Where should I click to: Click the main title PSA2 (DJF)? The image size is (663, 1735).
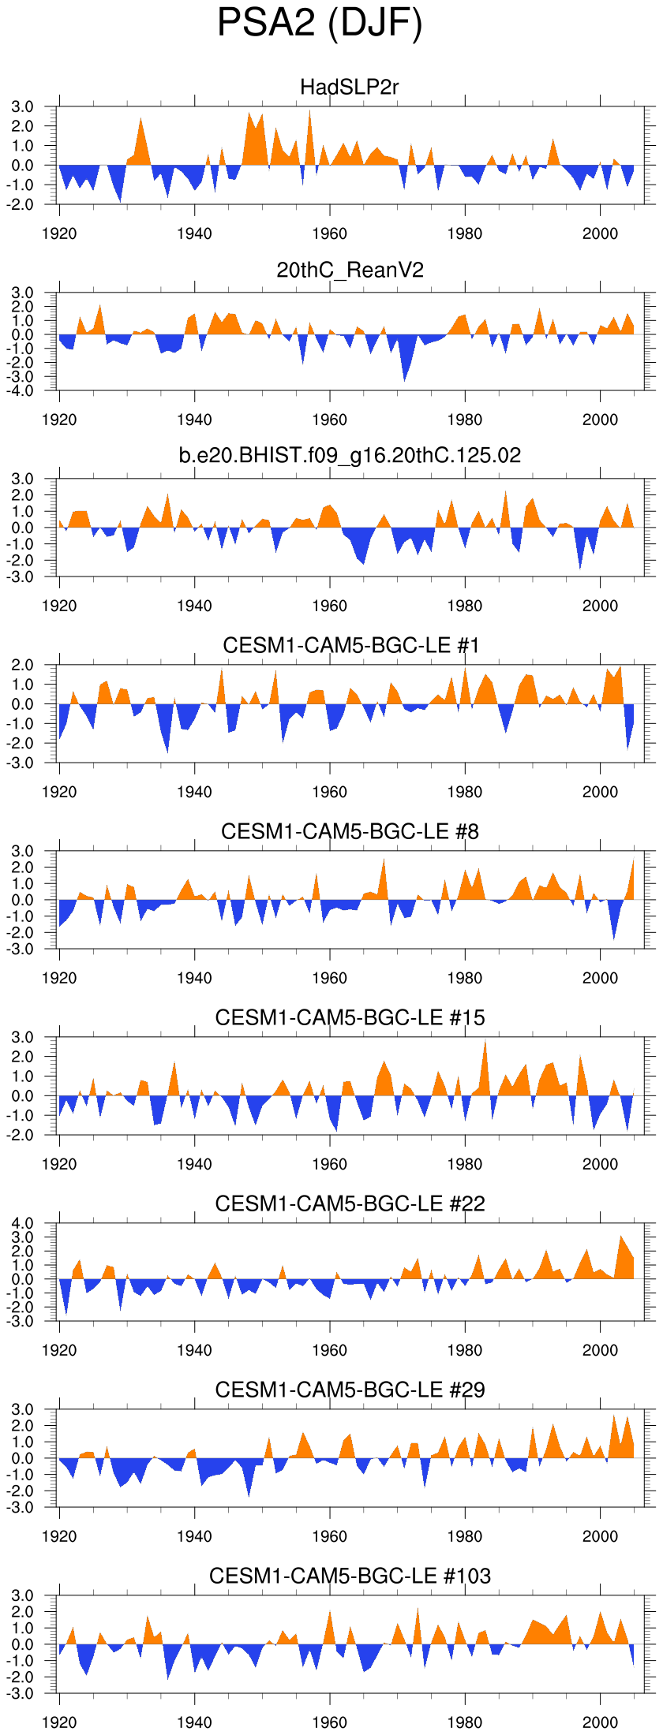(320, 24)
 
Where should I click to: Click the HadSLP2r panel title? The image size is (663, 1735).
(350, 87)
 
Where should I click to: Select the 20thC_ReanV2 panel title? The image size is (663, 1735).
(350, 271)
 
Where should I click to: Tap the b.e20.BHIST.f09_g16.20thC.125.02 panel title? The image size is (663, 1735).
(350, 455)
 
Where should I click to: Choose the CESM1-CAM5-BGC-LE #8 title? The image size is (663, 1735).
(350, 831)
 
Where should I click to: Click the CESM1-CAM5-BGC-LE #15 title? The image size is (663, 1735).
(350, 1017)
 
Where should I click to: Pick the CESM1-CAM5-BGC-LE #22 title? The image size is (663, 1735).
(350, 1203)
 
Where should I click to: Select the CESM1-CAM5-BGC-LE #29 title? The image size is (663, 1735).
(350, 1390)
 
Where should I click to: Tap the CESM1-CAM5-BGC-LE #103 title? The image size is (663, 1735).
(350, 1576)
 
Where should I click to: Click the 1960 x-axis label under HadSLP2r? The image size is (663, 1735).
(329, 233)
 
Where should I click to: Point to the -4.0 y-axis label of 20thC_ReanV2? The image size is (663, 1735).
(23, 390)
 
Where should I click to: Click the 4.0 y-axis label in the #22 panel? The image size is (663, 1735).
(23, 1223)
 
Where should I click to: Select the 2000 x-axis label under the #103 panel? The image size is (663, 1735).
(600, 1722)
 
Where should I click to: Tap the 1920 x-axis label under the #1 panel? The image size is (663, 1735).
(59, 792)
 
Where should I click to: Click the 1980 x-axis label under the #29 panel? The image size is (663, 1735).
(465, 1536)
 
